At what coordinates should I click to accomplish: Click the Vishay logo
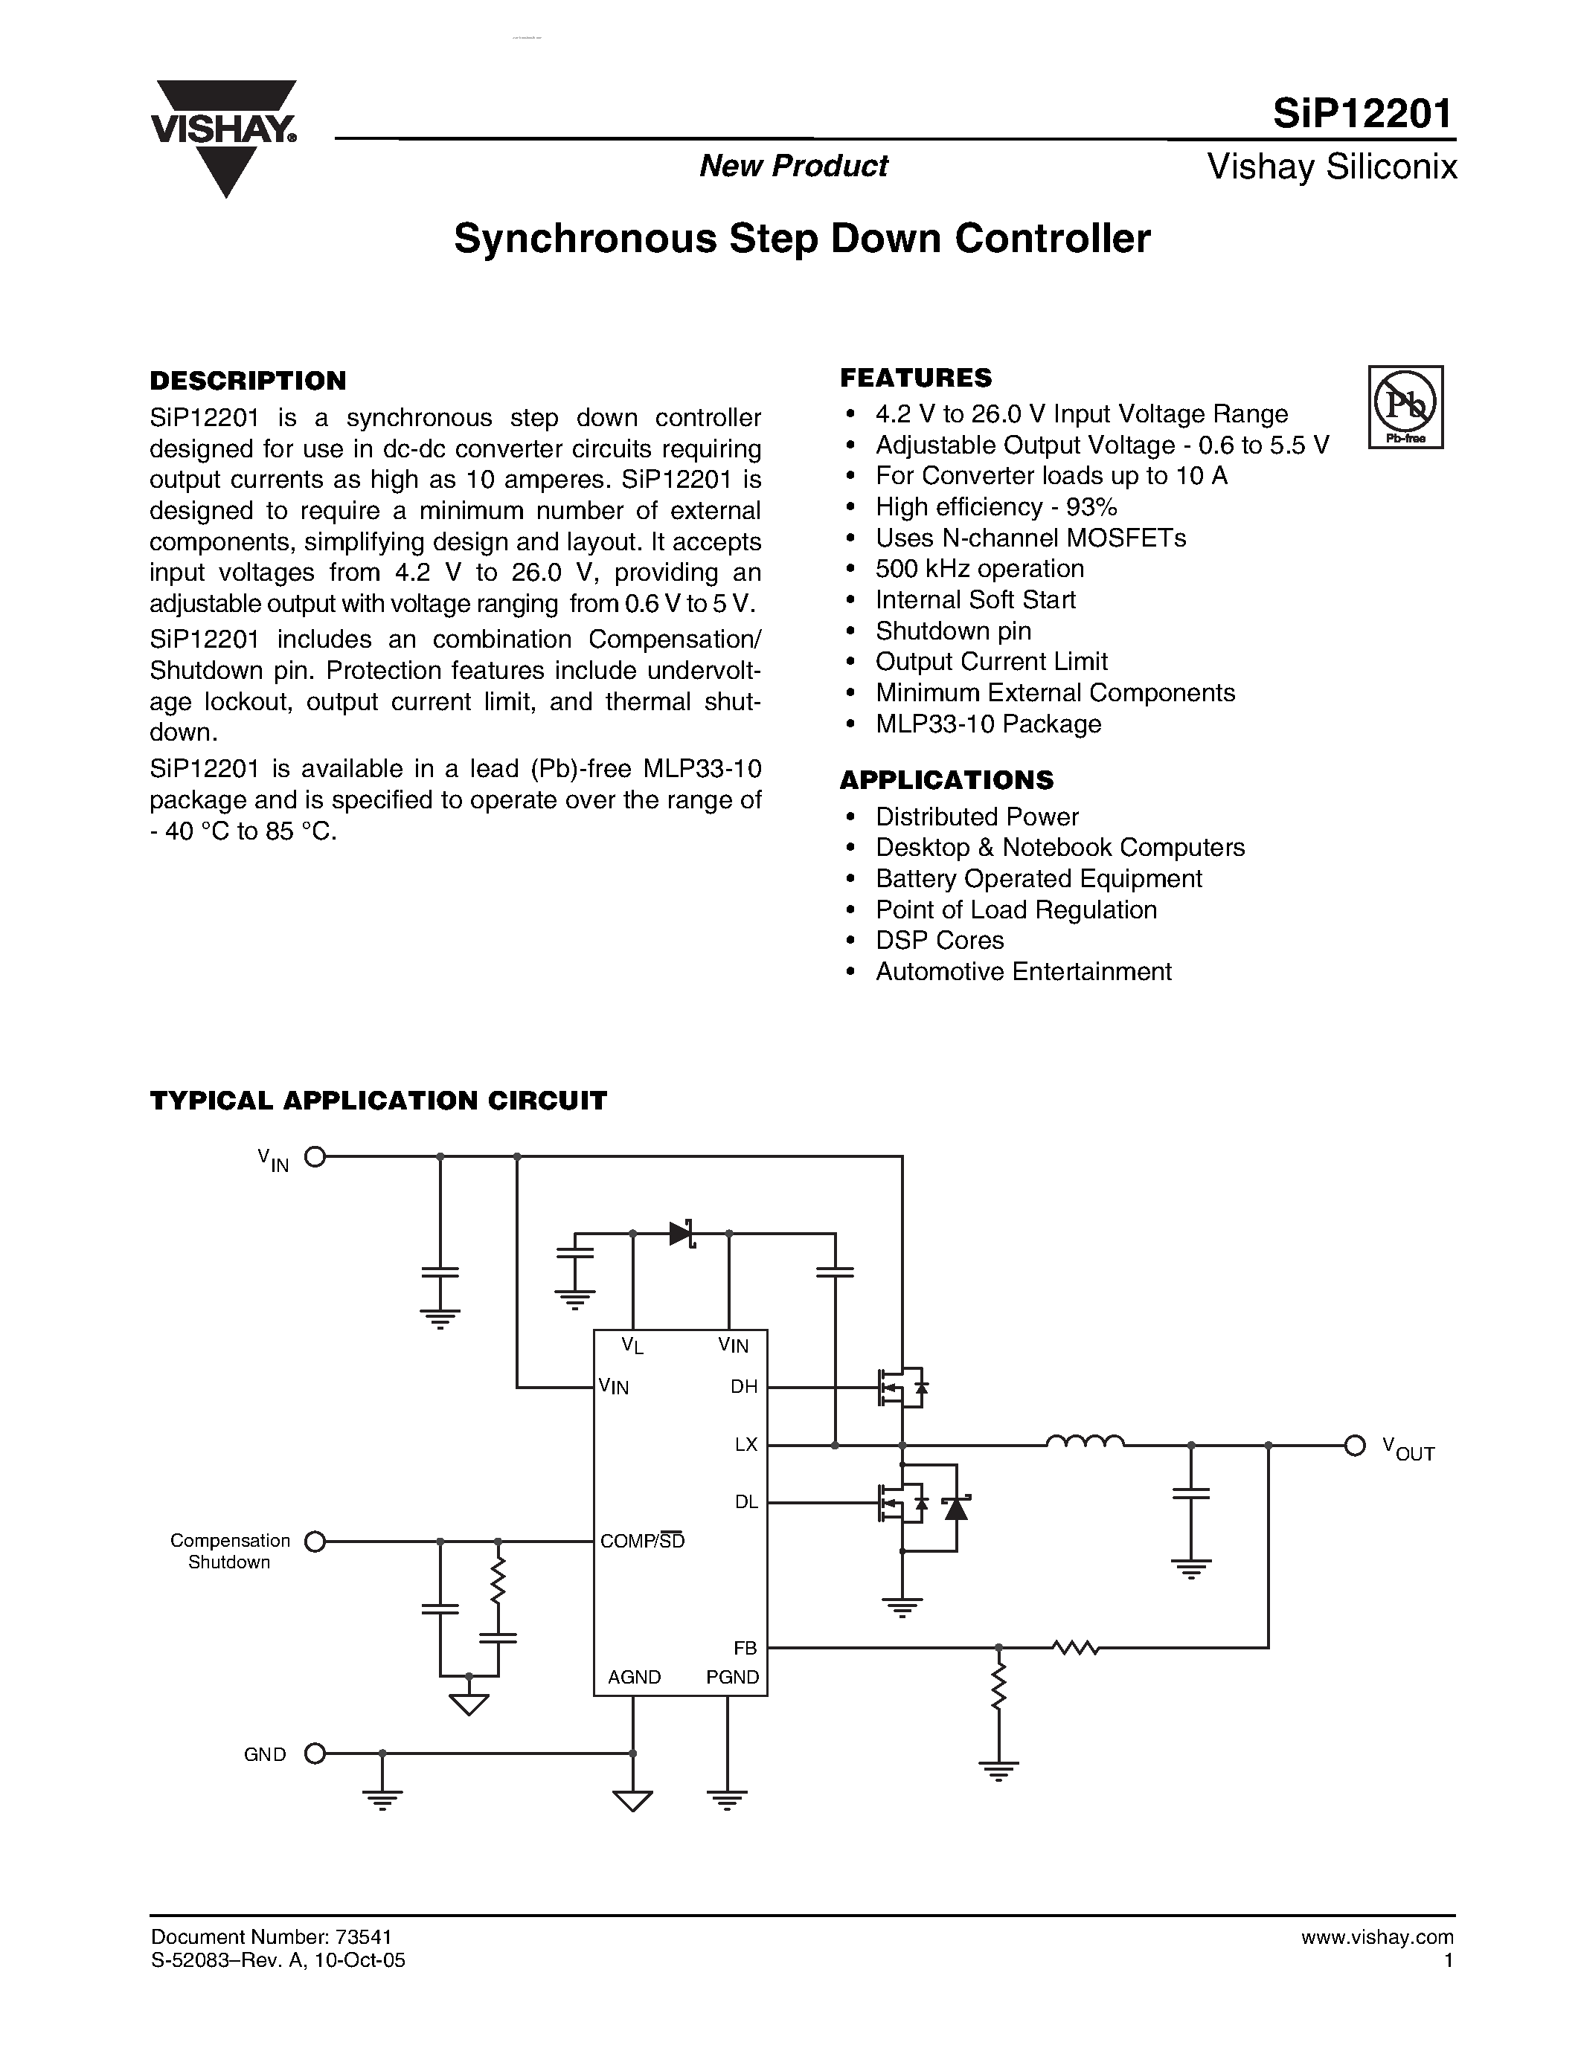(224, 136)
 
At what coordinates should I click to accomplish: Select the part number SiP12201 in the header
(1363, 113)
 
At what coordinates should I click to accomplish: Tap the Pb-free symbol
(1405, 406)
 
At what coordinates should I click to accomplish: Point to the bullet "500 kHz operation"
(979, 568)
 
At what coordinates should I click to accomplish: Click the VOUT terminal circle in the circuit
(1354, 1446)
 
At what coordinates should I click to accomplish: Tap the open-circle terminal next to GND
(315, 1753)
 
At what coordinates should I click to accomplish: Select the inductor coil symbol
(1085, 1442)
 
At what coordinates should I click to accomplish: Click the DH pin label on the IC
(744, 1387)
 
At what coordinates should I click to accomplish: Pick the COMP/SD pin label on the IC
(643, 1540)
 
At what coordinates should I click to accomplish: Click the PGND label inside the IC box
(732, 1677)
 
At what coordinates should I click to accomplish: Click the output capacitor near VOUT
(1190, 1493)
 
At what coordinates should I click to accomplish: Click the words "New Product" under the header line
(793, 166)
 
